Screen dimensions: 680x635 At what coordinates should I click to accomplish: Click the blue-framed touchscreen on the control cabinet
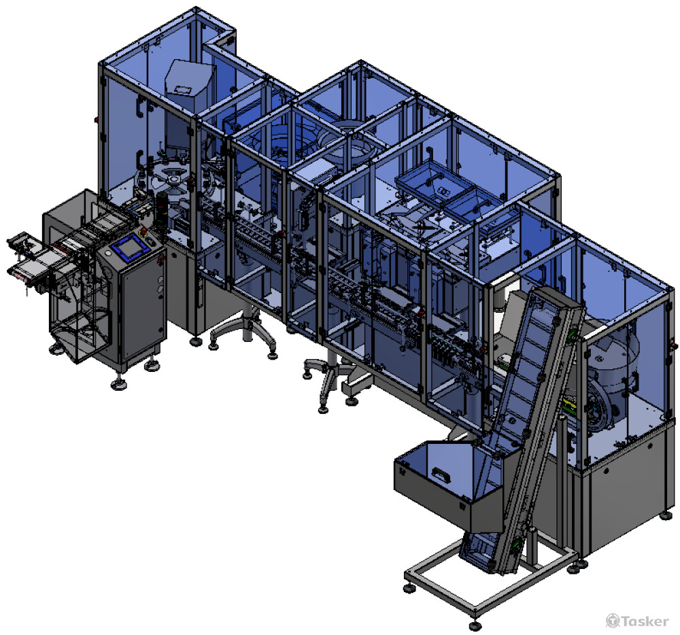click(x=128, y=249)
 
